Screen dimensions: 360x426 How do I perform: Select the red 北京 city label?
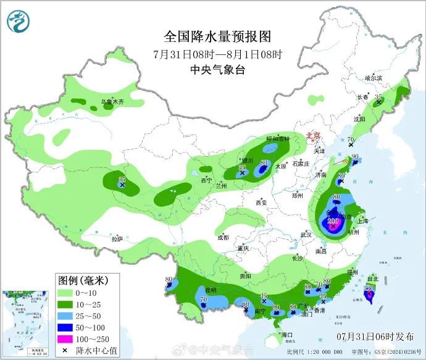pos(314,136)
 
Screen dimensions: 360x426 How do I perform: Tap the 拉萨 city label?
pos(117,238)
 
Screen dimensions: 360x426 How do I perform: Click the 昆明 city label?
pos(211,290)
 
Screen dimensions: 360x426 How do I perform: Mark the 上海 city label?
pos(362,220)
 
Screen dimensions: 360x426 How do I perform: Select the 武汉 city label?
pos(306,235)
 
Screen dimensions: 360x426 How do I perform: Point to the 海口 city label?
pos(285,335)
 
